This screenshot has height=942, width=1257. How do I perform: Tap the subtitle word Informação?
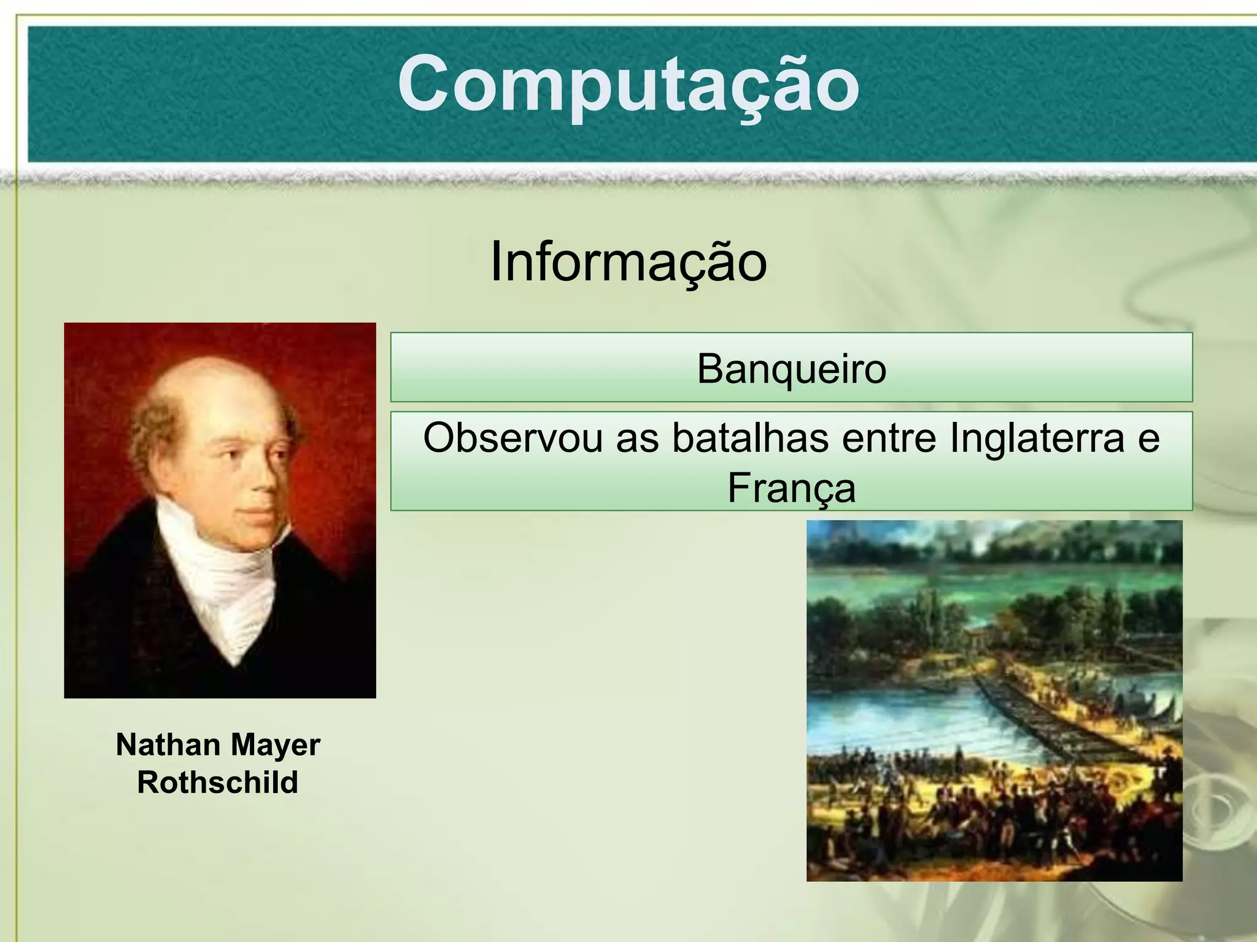click(628, 262)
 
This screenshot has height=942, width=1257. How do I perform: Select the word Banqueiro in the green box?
click(791, 369)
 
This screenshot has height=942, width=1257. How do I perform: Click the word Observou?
click(512, 438)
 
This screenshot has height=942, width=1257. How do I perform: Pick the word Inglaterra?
click(1037, 438)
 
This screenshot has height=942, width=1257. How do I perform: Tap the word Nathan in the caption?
click(168, 745)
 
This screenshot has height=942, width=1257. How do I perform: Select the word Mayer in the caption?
click(276, 745)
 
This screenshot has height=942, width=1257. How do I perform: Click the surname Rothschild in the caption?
click(218, 783)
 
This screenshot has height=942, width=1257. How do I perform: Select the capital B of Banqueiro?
click(710, 369)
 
